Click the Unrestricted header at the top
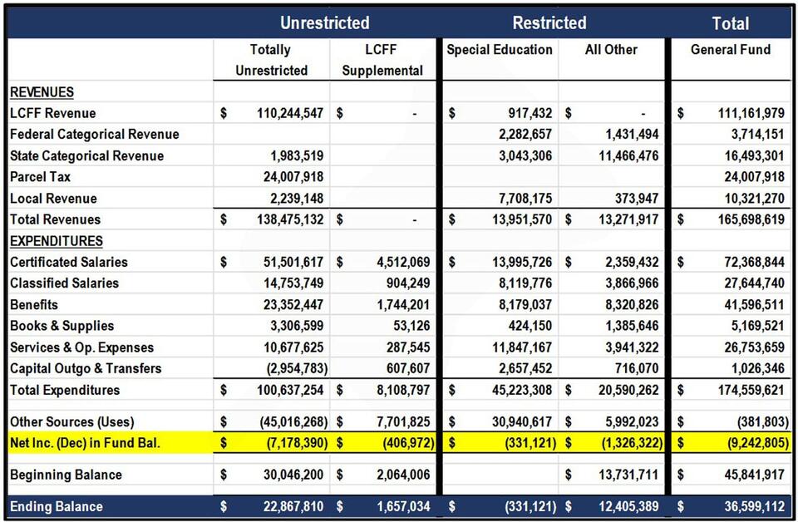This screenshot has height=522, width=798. pyautogui.click(x=324, y=23)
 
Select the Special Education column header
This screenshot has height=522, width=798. pyautogui.click(x=500, y=50)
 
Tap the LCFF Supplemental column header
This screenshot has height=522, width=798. pyautogui.click(x=382, y=61)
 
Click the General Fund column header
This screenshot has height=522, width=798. pyautogui.click(x=731, y=50)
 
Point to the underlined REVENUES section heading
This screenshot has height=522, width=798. pyautogui.click(x=42, y=92)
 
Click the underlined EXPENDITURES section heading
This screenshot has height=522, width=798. pyautogui.click(x=57, y=241)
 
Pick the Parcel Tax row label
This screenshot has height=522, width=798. pyautogui.click(x=40, y=177)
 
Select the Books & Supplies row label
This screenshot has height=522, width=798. pyautogui.click(x=62, y=326)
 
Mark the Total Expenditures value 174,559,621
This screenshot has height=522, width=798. pyautogui.click(x=743, y=390)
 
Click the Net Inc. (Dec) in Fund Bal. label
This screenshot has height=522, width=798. pyautogui.click(x=85, y=443)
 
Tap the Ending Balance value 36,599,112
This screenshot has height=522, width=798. pyautogui.click(x=743, y=506)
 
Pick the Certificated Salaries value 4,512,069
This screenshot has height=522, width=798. pyautogui.click(x=401, y=262)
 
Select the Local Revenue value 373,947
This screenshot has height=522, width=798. pyautogui.click(x=636, y=199)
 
